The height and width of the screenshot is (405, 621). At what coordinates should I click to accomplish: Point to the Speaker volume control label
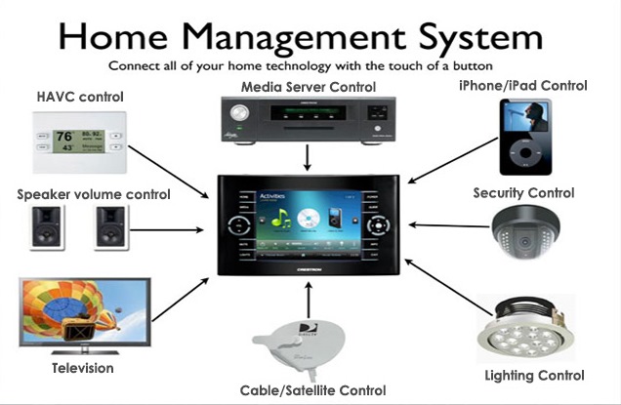click(x=94, y=194)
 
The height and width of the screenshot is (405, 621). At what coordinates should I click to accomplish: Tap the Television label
click(x=83, y=368)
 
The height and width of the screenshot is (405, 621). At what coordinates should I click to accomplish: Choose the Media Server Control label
click(x=308, y=88)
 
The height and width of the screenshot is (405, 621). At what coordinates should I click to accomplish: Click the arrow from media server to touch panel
click(x=310, y=155)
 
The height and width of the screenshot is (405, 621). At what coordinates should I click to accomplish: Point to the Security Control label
click(x=523, y=193)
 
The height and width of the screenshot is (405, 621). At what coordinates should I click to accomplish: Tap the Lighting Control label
click(x=534, y=376)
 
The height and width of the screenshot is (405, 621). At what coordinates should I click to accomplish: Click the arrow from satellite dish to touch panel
click(x=309, y=298)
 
